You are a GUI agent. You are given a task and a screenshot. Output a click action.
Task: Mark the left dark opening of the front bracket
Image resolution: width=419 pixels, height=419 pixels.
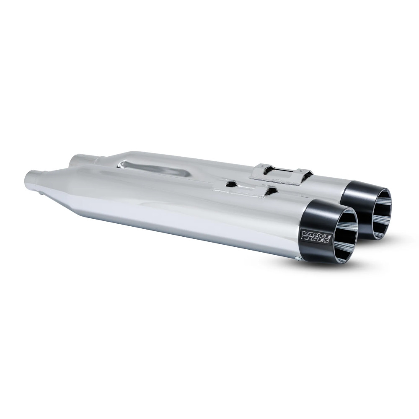pos(230,184)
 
